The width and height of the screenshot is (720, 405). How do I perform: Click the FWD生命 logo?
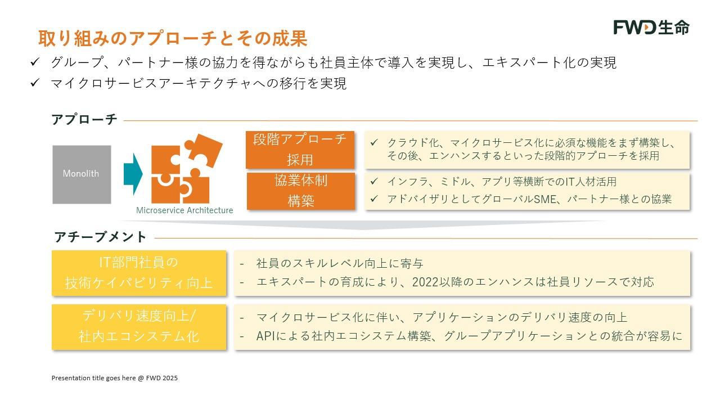(x=651, y=28)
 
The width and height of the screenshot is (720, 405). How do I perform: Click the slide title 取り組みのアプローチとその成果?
(x=173, y=38)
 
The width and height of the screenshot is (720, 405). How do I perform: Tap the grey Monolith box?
(x=82, y=174)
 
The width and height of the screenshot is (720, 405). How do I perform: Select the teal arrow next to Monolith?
(x=133, y=174)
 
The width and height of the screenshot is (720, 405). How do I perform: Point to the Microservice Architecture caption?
(x=184, y=210)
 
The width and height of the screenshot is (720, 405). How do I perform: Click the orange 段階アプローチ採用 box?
(x=300, y=150)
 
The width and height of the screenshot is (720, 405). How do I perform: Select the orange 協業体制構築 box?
(x=301, y=191)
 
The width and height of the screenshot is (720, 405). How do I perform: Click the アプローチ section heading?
(x=84, y=119)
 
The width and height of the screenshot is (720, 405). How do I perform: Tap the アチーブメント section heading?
(x=100, y=237)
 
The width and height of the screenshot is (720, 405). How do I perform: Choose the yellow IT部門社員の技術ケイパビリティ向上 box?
(x=139, y=273)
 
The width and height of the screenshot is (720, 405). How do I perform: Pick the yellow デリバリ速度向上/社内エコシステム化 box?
(x=139, y=327)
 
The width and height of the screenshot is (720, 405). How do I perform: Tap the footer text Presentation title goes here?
(x=93, y=378)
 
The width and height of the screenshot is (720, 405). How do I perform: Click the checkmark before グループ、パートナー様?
(x=35, y=62)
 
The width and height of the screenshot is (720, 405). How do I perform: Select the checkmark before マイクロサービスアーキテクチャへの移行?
(x=35, y=83)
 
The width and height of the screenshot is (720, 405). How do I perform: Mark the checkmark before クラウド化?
(x=374, y=142)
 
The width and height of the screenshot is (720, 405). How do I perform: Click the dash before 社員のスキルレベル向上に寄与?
(x=242, y=264)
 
